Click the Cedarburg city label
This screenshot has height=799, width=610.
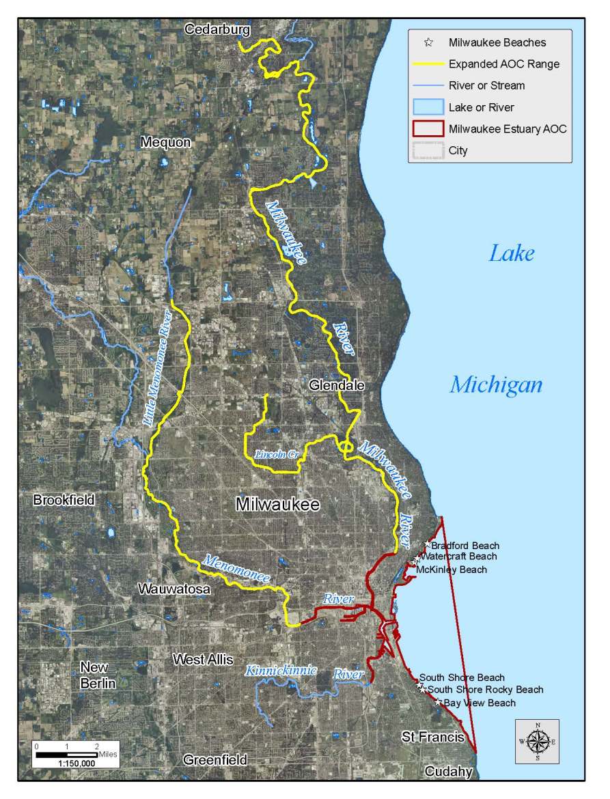pyautogui.click(x=218, y=29)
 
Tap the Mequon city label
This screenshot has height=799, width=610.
pyautogui.click(x=165, y=142)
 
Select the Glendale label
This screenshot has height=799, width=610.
pyautogui.click(x=337, y=385)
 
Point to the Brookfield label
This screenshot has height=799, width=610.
pyautogui.click(x=64, y=500)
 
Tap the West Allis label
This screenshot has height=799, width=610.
pyautogui.click(x=203, y=660)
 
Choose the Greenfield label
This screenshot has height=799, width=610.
pyautogui.click(x=214, y=759)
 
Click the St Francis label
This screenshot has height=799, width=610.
pyautogui.click(x=432, y=738)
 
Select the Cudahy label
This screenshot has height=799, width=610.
pyautogui.click(x=448, y=772)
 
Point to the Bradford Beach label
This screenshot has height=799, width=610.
pyautogui.click(x=465, y=546)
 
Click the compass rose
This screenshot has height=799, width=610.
pyautogui.click(x=538, y=741)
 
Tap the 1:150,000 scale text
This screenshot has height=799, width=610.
pyautogui.click(x=67, y=763)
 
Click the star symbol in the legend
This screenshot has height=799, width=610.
pyautogui.click(x=428, y=42)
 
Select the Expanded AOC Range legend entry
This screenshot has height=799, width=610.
pyautogui.click(x=504, y=64)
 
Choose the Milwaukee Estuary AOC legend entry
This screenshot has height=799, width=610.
pyautogui.click(x=508, y=128)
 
